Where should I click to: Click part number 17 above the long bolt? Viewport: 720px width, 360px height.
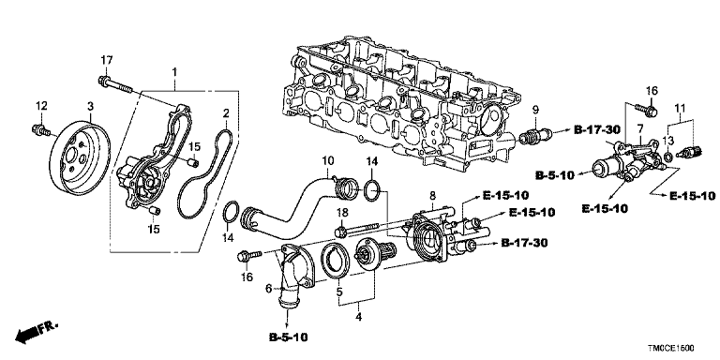tap(107, 60)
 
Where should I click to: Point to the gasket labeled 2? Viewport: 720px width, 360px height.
tap(206, 173)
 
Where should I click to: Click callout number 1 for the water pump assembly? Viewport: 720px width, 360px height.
tap(174, 72)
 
